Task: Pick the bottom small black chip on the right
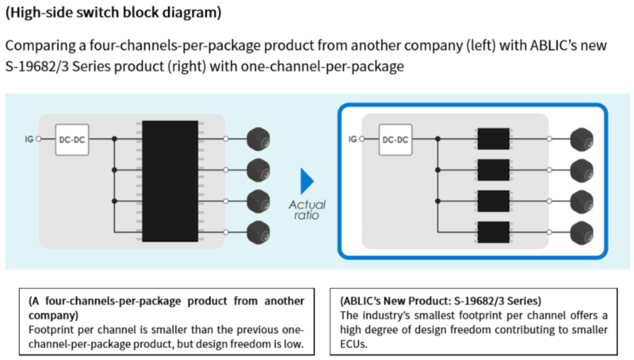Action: point(492,232)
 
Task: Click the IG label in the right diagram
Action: point(353,140)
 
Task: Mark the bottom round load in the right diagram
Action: point(582,232)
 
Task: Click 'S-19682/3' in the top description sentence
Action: point(40,67)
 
